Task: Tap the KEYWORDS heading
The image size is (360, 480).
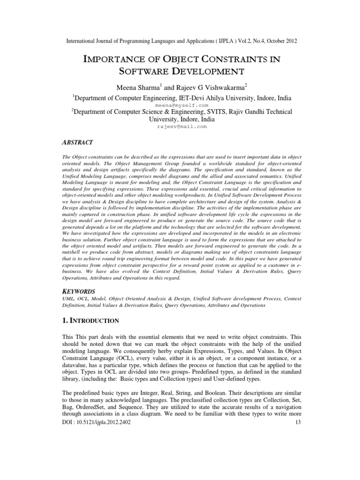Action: [78, 291]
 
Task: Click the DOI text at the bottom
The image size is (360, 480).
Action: [96, 422]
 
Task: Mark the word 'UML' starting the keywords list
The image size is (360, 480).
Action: [68, 298]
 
